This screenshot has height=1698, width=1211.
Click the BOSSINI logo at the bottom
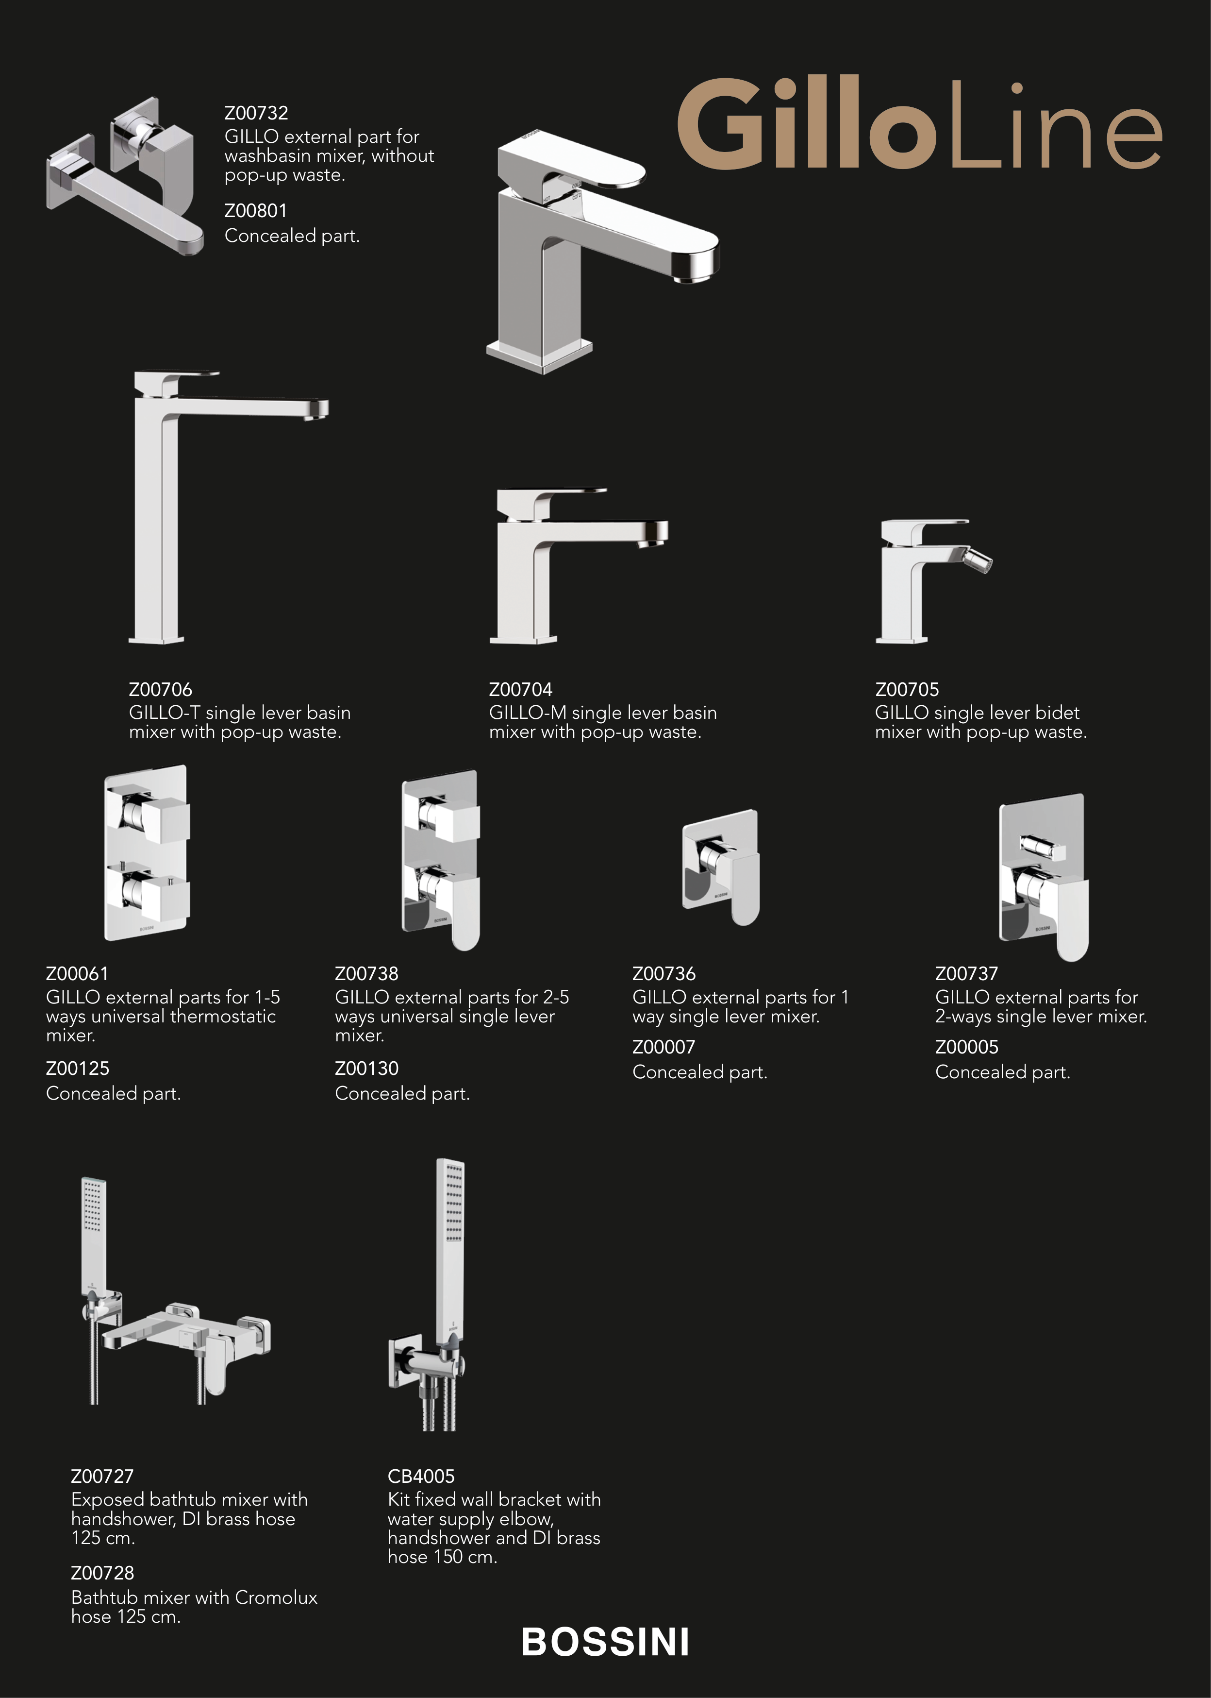606,1642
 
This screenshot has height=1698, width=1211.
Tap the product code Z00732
256,113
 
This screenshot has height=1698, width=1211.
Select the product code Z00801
256,211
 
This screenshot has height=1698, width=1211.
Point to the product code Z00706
160,689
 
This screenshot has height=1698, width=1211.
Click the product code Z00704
520,689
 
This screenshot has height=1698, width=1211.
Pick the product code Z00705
907,689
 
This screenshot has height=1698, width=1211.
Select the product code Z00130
367,1069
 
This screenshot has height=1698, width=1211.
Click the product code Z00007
664,1048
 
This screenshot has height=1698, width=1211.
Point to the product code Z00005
966,1048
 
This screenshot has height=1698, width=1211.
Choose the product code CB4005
421,1477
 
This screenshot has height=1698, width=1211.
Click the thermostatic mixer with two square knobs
147,852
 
